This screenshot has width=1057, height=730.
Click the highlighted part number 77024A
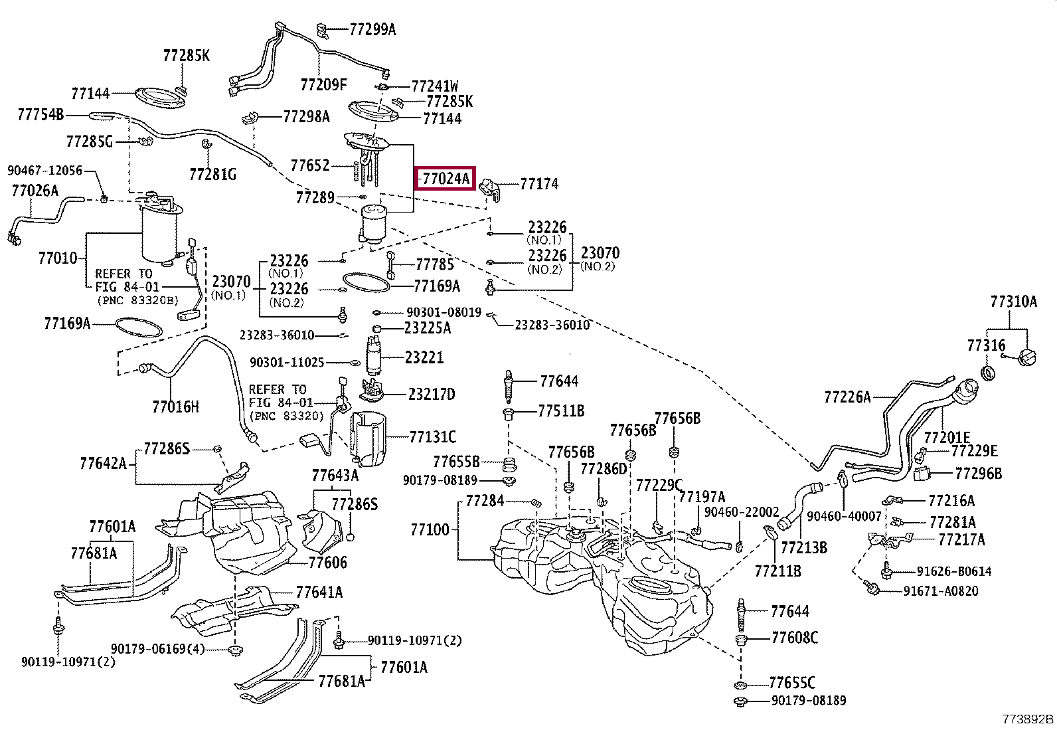[x=446, y=179]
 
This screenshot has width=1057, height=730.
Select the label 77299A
[x=372, y=30]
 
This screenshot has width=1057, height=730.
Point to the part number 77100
[x=430, y=529]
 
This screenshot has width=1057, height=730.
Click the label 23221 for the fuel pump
[x=424, y=357]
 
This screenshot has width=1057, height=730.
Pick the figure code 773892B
[x=1027, y=719]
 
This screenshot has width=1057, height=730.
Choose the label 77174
[x=539, y=184]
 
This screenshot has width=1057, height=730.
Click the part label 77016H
[x=175, y=407]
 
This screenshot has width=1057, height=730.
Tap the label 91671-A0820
[x=940, y=591]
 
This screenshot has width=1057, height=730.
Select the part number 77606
[x=327, y=563]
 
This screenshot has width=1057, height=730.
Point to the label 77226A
[x=847, y=397]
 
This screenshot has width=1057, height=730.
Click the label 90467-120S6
[x=44, y=171]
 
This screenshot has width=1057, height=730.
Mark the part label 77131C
[x=432, y=437]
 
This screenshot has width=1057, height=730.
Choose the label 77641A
[x=319, y=592]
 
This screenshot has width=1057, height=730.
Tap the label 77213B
[x=803, y=547]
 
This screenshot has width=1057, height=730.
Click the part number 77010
[x=58, y=258]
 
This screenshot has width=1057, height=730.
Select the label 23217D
[x=432, y=394]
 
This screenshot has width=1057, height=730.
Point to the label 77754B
[x=41, y=114]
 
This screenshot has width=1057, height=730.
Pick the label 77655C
[x=792, y=683]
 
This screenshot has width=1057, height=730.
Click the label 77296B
[x=978, y=473]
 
